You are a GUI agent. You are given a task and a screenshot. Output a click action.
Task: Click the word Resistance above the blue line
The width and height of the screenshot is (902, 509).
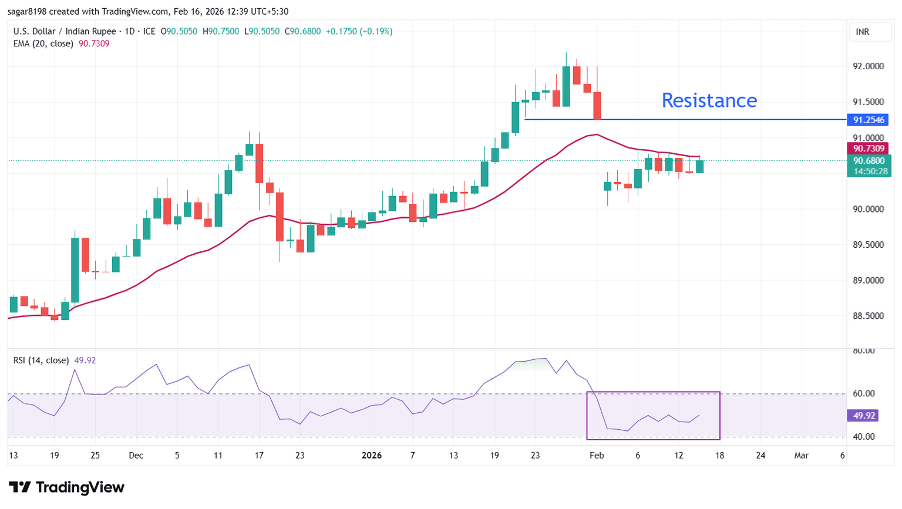click(709, 100)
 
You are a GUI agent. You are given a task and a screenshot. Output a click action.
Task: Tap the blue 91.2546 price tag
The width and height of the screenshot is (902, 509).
click(868, 120)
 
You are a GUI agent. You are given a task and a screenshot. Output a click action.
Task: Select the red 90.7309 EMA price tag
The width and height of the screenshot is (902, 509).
click(868, 149)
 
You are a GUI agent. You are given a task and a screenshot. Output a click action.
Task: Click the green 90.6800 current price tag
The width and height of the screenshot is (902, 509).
click(869, 161)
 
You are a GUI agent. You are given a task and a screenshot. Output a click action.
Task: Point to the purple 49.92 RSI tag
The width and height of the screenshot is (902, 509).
click(864, 416)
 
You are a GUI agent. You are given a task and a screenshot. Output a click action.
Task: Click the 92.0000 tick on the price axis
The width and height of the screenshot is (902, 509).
click(868, 66)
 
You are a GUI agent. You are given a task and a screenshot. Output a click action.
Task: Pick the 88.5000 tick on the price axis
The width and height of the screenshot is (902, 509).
click(868, 316)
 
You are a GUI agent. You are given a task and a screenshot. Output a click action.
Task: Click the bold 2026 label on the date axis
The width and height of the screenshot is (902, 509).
click(372, 456)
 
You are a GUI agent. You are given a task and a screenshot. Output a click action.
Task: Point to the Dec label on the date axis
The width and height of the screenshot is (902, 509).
click(136, 456)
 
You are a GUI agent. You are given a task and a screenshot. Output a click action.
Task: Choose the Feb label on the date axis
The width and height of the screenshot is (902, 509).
click(597, 456)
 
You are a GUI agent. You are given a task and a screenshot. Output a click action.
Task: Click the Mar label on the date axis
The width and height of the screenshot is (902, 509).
click(801, 456)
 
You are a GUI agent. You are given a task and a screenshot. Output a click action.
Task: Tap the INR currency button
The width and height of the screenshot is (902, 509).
click(863, 32)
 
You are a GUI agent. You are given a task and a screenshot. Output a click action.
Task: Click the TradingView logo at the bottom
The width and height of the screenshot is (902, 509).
click(67, 487)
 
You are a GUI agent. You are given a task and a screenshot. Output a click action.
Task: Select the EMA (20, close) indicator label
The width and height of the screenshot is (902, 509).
click(43, 43)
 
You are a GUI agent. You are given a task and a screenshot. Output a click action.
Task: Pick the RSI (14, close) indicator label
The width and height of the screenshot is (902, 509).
click(41, 360)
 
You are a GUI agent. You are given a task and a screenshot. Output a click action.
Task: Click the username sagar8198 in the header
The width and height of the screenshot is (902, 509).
click(27, 12)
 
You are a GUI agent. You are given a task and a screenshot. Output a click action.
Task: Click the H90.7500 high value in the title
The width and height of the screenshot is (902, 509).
click(221, 31)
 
